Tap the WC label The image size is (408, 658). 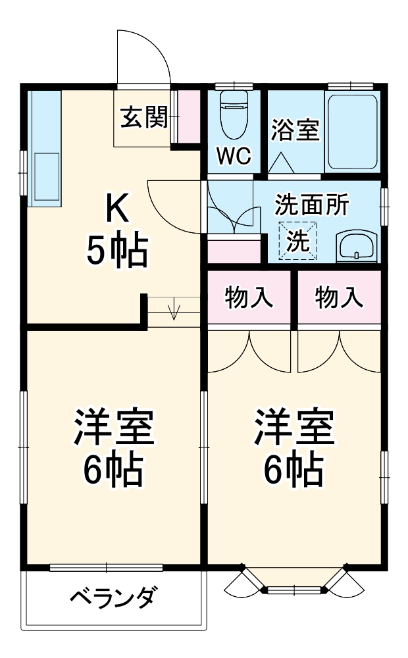(234, 156)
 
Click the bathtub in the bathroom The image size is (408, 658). (352, 130)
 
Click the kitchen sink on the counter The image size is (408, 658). (44, 176)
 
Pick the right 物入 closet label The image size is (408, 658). (338, 298)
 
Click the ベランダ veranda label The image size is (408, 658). (113, 599)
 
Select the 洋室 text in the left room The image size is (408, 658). (113, 428)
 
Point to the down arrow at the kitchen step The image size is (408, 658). (174, 309)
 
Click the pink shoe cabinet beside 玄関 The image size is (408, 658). (190, 116)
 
